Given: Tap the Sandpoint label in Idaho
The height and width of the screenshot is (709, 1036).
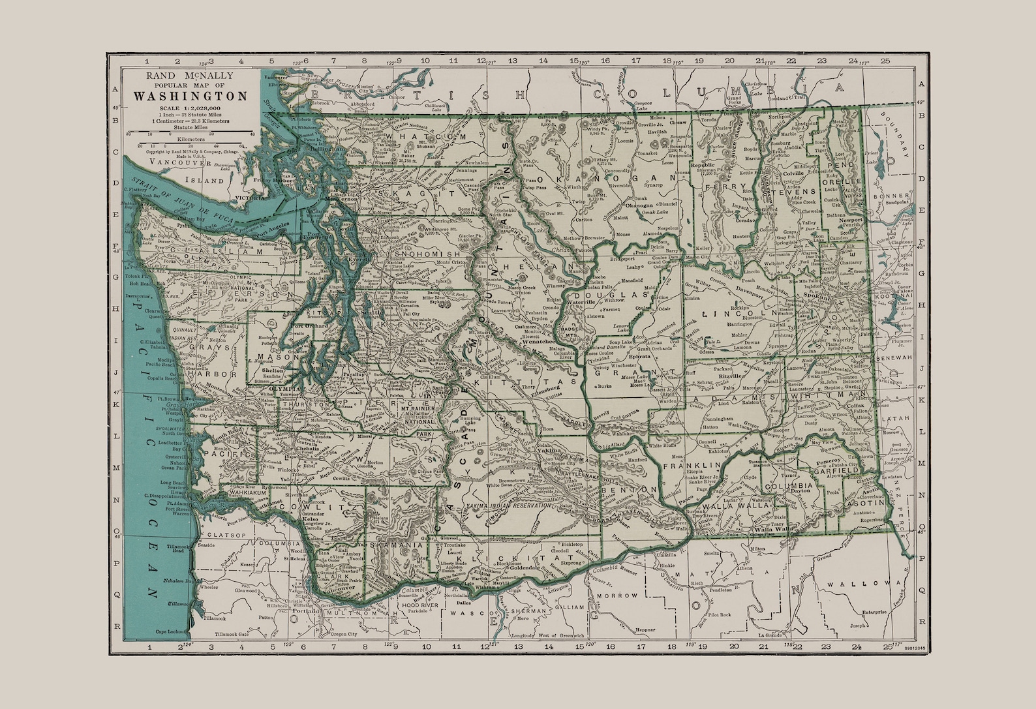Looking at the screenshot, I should pos(895,203).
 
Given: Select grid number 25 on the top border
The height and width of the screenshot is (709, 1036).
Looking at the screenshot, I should pos(885,61).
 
